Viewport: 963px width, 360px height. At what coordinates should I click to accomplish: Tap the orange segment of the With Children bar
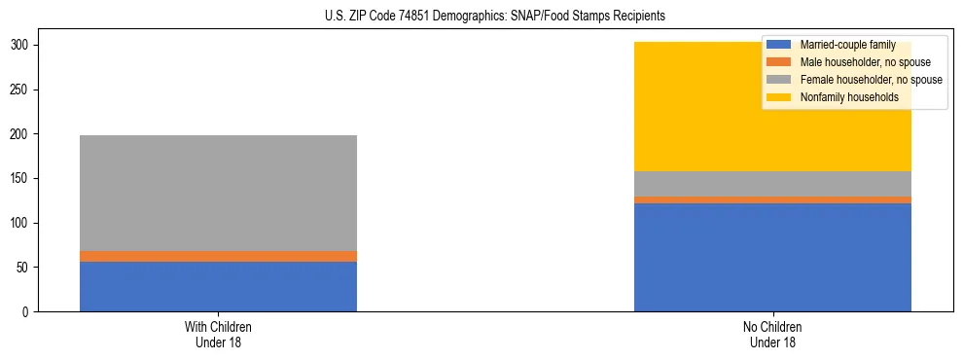coord(218,256)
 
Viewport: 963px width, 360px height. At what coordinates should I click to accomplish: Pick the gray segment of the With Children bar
coord(218,193)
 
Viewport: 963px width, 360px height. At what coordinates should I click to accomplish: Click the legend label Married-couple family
coord(844,45)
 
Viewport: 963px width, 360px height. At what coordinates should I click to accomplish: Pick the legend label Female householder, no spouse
coord(871,80)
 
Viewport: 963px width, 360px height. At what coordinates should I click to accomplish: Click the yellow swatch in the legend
coord(779,97)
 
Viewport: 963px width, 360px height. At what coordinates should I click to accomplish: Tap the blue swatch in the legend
coord(779,45)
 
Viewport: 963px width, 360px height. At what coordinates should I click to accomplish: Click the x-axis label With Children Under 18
coord(218,334)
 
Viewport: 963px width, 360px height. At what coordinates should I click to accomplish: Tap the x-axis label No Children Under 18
coord(772,334)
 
